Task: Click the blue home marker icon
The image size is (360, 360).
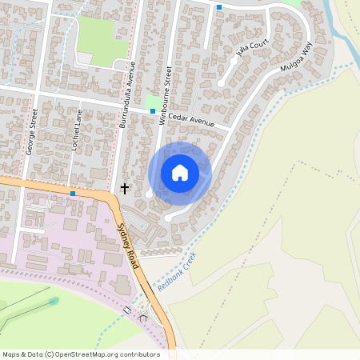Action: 180,173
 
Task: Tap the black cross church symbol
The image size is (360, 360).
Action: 124,188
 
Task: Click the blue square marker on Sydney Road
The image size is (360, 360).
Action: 73,194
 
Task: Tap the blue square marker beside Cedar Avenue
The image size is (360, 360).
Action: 153,111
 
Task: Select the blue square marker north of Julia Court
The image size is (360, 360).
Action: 219,6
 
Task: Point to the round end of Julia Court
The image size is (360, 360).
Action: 222,82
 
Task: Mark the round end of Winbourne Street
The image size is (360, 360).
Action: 150,194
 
